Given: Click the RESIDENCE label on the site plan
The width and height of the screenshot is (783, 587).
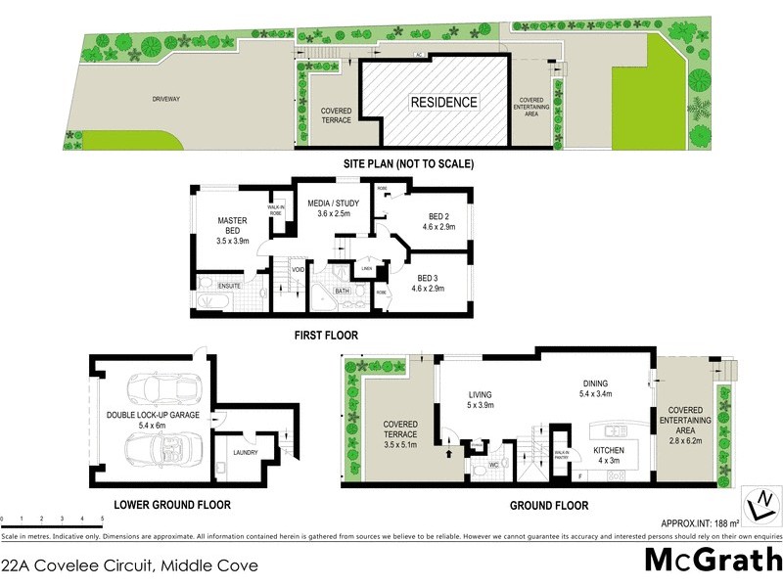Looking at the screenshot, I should (x=443, y=102).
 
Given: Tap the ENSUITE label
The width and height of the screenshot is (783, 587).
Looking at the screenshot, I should (x=229, y=286).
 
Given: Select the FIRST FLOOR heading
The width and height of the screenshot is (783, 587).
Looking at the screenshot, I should (x=327, y=336).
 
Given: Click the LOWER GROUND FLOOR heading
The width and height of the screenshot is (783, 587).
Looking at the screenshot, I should (x=171, y=506).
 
